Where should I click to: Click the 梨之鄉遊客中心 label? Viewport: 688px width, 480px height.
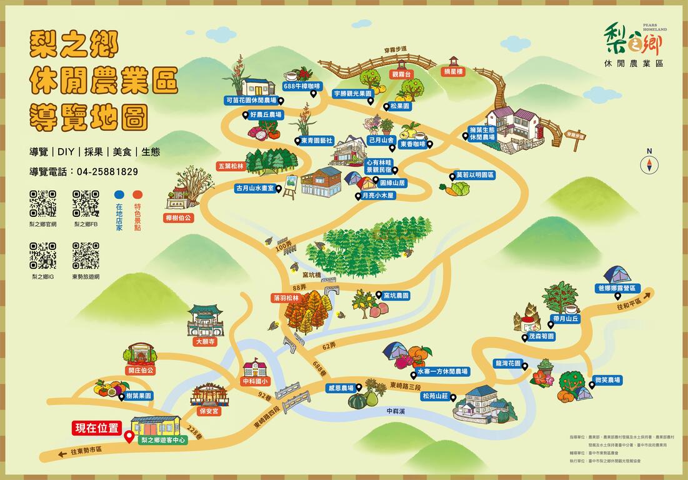coord(164,440)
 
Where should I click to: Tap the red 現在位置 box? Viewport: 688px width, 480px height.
coord(96,428)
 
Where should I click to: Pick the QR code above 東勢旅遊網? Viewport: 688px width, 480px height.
coord(86,256)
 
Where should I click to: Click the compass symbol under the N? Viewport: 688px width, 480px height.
coord(650,164)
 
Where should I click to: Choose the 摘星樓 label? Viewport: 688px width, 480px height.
coord(454,72)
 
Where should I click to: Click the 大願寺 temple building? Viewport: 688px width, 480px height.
coord(205,321)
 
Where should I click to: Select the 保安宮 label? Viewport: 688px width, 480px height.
coord(209,411)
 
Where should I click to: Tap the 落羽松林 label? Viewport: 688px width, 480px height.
coord(287,298)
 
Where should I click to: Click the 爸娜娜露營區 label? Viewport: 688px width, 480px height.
coord(616,288)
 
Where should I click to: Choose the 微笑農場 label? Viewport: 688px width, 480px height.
coord(607,380)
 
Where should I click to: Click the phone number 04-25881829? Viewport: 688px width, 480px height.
coord(107,171)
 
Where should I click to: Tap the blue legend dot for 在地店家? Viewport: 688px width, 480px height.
coord(119,194)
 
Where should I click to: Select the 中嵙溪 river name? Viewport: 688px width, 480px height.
coord(396,411)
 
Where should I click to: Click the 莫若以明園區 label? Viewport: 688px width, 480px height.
coord(475,176)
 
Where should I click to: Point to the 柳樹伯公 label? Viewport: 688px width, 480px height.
coord(180,218)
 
